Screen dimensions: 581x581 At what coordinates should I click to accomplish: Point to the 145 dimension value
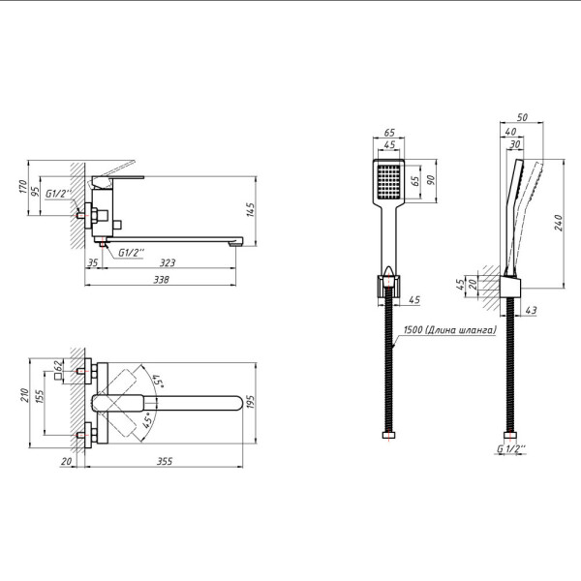(x=250, y=212)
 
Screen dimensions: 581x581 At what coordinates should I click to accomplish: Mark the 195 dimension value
(x=250, y=401)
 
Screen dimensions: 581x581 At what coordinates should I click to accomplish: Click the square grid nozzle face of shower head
(x=388, y=181)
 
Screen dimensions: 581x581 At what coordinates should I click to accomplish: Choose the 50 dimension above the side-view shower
(x=523, y=117)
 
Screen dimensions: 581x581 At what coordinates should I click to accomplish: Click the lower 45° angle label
(x=148, y=421)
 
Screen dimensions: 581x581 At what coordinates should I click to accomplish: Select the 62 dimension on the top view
(x=59, y=366)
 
